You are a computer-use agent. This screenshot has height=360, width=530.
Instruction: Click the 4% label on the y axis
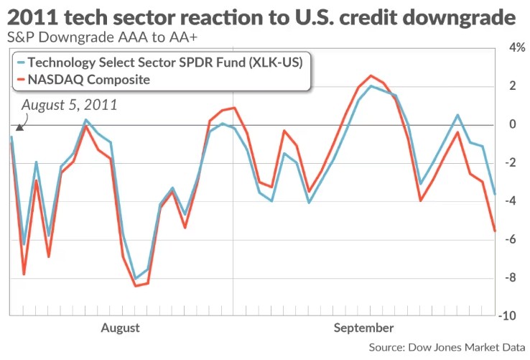pyautogui.click(x=515, y=48)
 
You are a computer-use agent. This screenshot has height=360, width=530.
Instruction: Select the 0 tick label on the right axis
pyautogui.click(x=513, y=124)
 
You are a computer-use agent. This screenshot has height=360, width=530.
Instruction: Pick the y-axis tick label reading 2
pyautogui.click(x=513, y=86)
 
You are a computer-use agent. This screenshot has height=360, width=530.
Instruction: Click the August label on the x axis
pyautogui.click(x=120, y=328)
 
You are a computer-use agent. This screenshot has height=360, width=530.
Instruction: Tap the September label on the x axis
pyautogui.click(x=363, y=328)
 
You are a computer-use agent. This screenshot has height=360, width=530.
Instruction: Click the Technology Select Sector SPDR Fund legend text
pyautogui.click(x=165, y=63)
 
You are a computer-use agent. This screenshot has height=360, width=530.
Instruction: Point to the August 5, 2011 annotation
pyautogui.click(x=69, y=105)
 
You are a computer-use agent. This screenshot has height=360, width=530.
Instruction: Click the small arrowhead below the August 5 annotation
pyautogui.click(x=19, y=127)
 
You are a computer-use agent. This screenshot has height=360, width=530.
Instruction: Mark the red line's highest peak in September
pyautogui.click(x=371, y=75)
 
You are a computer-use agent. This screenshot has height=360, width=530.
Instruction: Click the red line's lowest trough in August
pyautogui.click(x=135, y=286)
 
